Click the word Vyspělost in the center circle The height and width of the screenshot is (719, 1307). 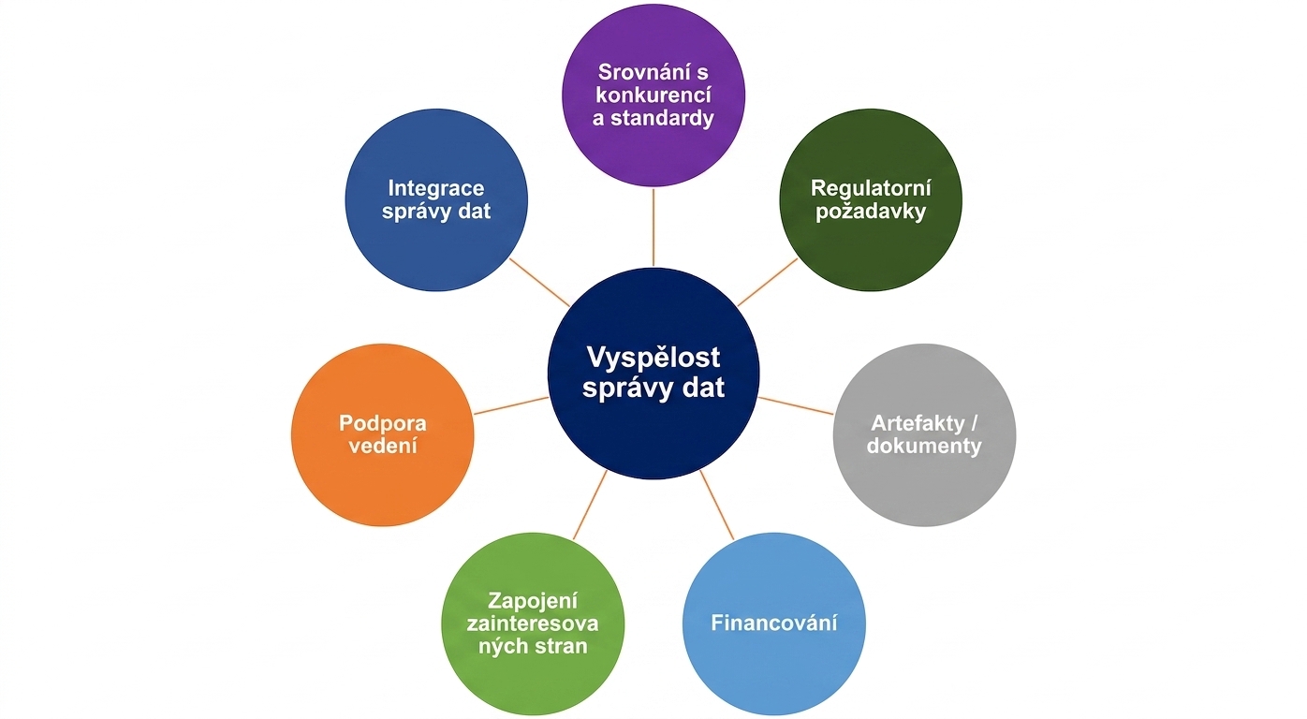pos(653,359)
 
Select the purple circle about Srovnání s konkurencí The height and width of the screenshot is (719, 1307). pos(653,95)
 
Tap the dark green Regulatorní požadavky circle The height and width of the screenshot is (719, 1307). pos(871,199)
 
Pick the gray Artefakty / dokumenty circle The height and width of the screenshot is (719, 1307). pos(924,434)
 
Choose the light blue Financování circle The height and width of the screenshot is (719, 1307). pos(774,624)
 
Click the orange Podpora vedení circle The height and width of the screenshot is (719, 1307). pos(383,434)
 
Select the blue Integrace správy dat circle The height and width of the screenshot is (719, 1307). pos(436,199)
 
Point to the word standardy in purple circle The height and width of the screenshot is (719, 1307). pos(662,119)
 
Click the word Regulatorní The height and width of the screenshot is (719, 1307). pos(871,188)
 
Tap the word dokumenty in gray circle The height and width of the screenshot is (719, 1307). pos(924,447)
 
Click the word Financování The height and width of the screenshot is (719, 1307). pos(774,624)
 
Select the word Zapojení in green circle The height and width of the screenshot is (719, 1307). pos(533,601)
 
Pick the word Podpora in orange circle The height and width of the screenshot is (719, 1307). pos(383,424)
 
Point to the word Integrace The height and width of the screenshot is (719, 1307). pos(436,188)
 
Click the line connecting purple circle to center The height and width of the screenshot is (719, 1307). pos(653,227)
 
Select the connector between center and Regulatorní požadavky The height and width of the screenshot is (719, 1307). pos(768,282)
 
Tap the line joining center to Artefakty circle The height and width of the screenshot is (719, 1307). pos(796,405)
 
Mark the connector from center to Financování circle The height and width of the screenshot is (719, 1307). pos(717,505)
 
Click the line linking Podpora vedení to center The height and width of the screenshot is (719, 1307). pos(511,405)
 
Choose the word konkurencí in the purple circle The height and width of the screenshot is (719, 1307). pos(653,95)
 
